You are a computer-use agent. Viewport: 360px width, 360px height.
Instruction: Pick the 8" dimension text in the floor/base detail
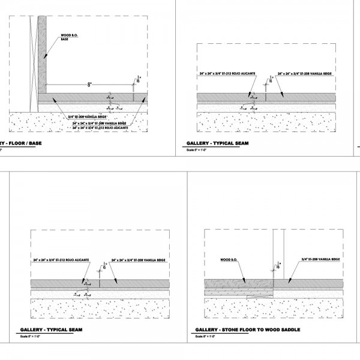click(89, 85)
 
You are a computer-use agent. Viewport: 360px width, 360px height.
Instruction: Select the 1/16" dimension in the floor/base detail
click(139, 77)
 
